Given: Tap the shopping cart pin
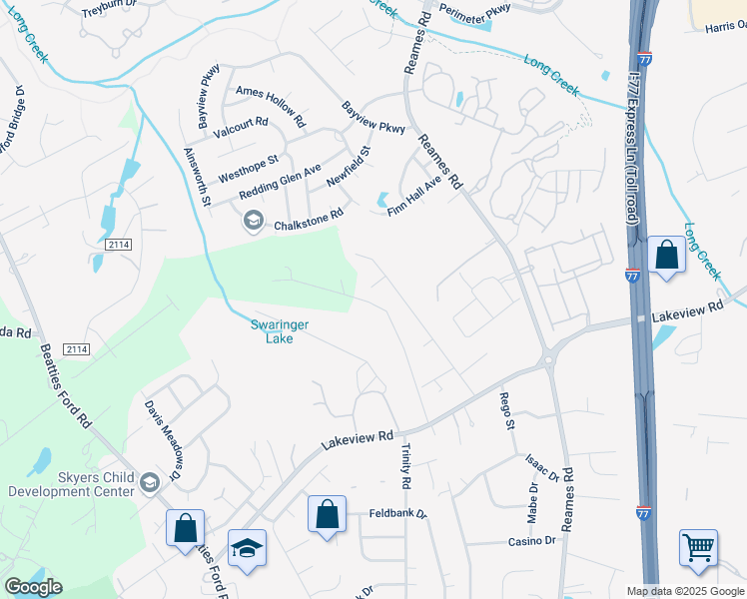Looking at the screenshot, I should pos(698,547).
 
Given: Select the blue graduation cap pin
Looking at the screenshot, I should pos(247,548).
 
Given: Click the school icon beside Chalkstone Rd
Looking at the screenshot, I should pos(253,221).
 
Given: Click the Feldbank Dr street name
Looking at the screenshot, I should pos(397,514).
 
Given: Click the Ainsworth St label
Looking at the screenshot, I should pos(198,177).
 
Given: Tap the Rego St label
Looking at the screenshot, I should pos(507,411).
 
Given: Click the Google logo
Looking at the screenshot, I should pos(33,587).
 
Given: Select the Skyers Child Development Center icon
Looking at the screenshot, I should pos(149,483).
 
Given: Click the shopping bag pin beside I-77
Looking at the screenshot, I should pos(666,255).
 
